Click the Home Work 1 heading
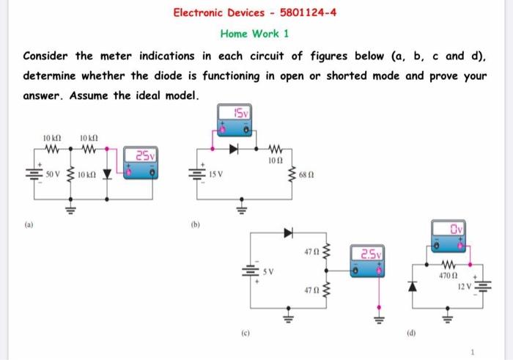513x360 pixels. click(x=254, y=34)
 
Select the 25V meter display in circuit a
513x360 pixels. click(x=142, y=155)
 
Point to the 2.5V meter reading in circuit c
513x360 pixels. click(x=370, y=255)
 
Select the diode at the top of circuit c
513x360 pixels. click(x=289, y=233)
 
